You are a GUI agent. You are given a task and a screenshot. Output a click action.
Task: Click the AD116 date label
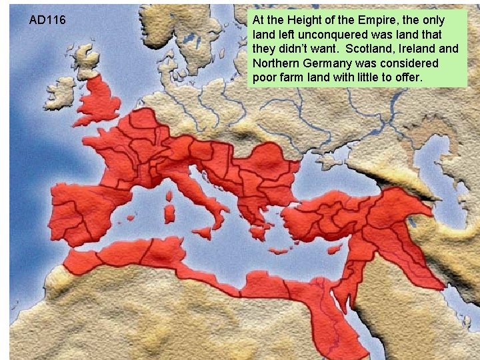point(47,20)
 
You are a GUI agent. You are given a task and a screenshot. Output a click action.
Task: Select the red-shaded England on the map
point(100,103)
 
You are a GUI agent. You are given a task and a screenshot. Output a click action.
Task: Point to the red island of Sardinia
point(169,213)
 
